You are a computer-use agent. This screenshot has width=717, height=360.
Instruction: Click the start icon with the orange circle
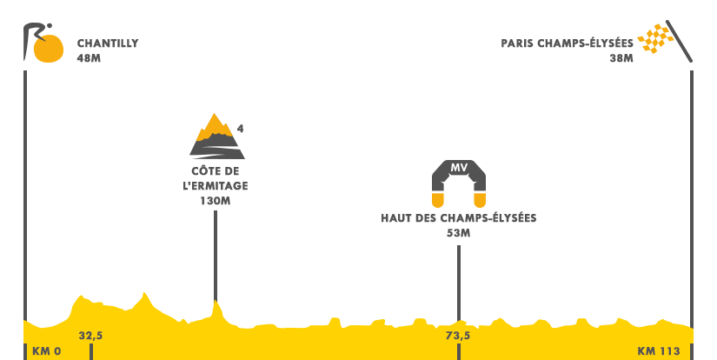click(x=43, y=43)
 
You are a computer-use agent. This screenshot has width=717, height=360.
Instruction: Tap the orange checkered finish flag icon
click(x=665, y=41)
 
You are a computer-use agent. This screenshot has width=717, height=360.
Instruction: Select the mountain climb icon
click(x=216, y=136)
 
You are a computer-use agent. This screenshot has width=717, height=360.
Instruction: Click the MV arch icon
click(x=458, y=183)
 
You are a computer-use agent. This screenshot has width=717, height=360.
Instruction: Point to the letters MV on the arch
click(x=459, y=168)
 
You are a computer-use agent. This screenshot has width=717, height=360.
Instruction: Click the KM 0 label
click(x=46, y=351)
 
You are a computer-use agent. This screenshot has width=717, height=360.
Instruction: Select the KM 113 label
click(x=658, y=351)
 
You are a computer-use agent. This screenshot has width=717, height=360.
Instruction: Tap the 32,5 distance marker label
click(x=90, y=336)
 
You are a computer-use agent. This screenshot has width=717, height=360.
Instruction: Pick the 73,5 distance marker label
click(x=458, y=336)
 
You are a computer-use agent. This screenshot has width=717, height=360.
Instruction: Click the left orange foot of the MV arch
click(x=438, y=200)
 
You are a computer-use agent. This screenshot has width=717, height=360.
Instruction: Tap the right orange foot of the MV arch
click(x=479, y=200)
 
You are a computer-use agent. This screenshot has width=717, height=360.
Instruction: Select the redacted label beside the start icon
click(x=108, y=50)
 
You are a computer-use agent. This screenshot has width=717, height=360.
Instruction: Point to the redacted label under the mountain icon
click(x=216, y=184)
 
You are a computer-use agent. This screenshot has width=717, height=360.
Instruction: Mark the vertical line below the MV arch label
click(x=458, y=265)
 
